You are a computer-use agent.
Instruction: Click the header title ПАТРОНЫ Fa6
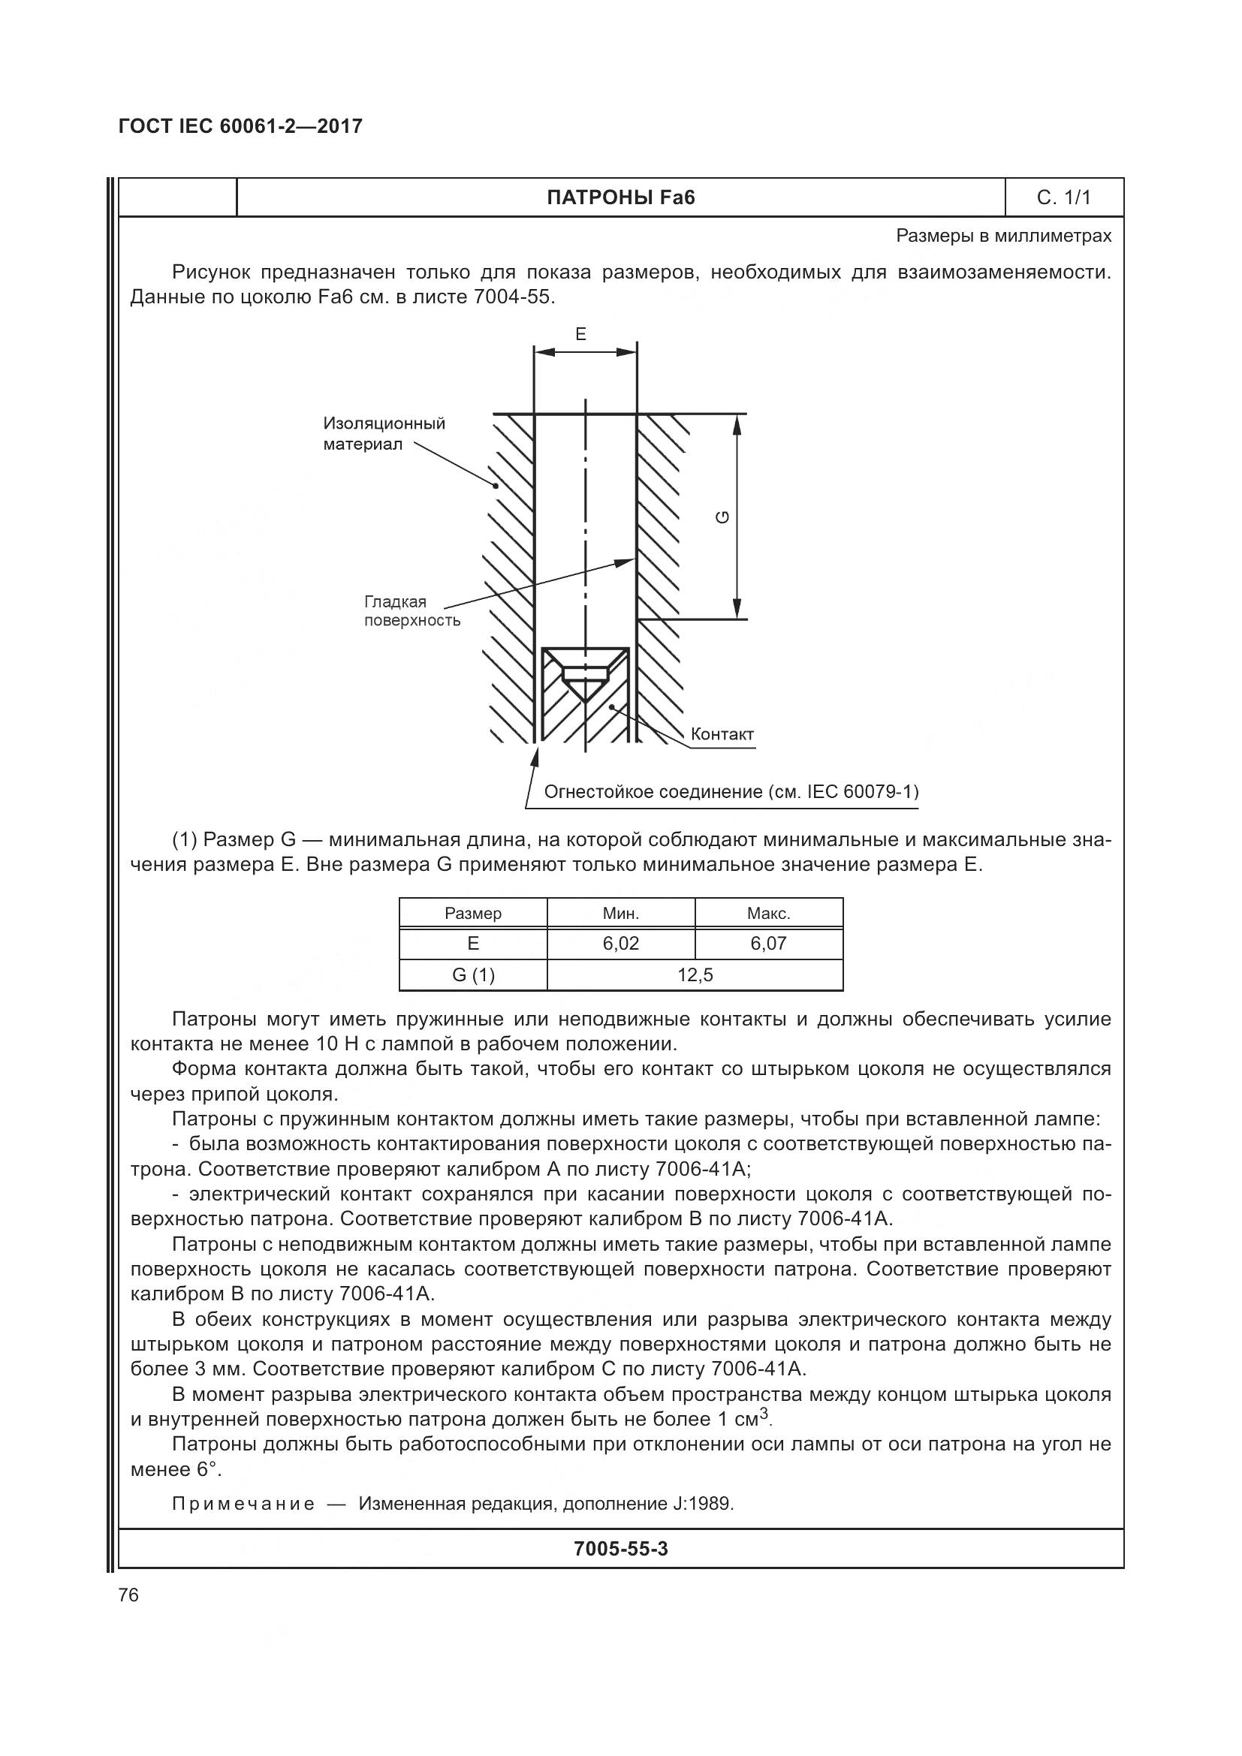(620, 198)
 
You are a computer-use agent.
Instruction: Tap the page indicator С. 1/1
(1063, 198)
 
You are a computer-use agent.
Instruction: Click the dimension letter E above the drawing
(580, 334)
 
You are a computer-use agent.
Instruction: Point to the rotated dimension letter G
(722, 517)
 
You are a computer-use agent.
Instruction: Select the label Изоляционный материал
(383, 434)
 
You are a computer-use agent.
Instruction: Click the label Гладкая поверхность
(411, 611)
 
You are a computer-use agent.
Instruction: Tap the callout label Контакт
(722, 734)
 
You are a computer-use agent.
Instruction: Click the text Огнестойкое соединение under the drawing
(731, 791)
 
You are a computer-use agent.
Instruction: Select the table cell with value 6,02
(620, 944)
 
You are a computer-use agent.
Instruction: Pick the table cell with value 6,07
(768, 944)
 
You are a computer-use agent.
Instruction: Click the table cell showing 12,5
(695, 975)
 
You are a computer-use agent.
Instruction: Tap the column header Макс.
(768, 913)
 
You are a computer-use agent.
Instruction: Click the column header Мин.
(620, 913)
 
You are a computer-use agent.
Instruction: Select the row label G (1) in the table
(472, 975)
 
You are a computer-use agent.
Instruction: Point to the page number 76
(128, 1595)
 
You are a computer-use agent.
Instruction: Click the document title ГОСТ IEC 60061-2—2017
(240, 126)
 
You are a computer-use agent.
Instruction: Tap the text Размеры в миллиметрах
(1003, 236)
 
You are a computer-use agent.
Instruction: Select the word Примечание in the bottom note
(243, 1504)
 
